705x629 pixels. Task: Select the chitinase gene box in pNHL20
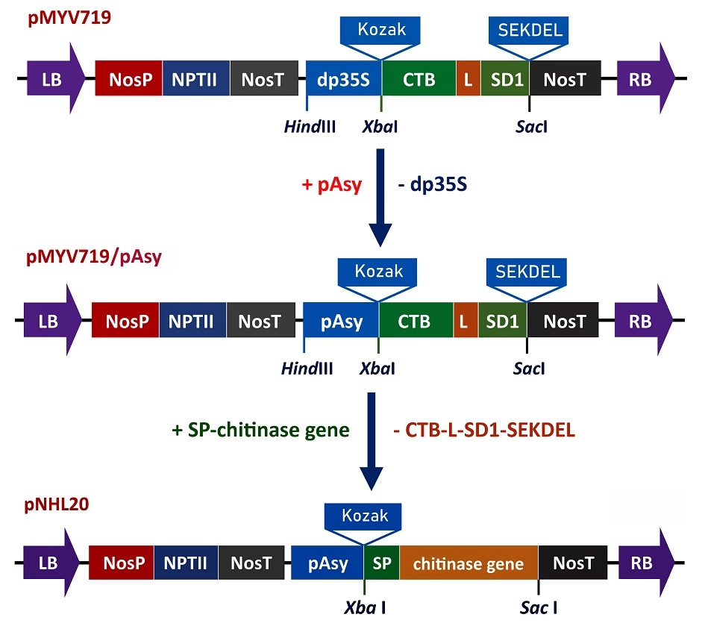469,563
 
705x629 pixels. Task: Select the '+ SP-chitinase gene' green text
260,431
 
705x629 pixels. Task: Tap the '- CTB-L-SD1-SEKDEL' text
483,431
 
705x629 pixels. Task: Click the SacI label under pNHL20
538,607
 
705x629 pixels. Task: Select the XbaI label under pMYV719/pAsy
377,368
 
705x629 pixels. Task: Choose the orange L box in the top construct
468,80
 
